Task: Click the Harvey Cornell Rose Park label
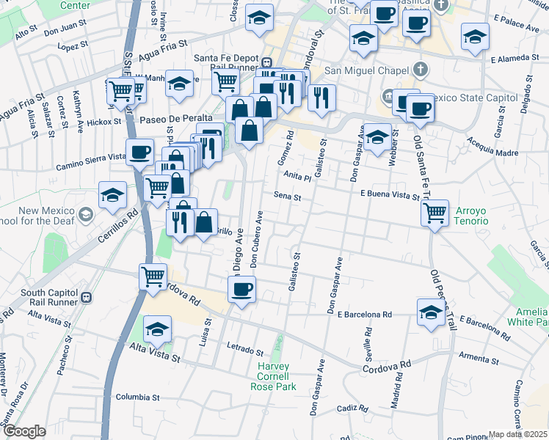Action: [273, 376]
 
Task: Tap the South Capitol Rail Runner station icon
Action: [87, 297]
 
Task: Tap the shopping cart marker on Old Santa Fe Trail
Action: [435, 213]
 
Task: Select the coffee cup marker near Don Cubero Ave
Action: [241, 290]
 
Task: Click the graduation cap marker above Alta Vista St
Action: [157, 329]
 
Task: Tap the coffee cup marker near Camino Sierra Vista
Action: [139, 153]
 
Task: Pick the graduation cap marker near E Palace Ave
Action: [475, 37]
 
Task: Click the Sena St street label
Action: [288, 197]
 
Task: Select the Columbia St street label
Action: [138, 397]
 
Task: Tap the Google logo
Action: [24, 431]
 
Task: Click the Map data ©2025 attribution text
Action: [518, 434]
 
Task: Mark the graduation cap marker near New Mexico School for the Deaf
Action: [112, 196]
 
